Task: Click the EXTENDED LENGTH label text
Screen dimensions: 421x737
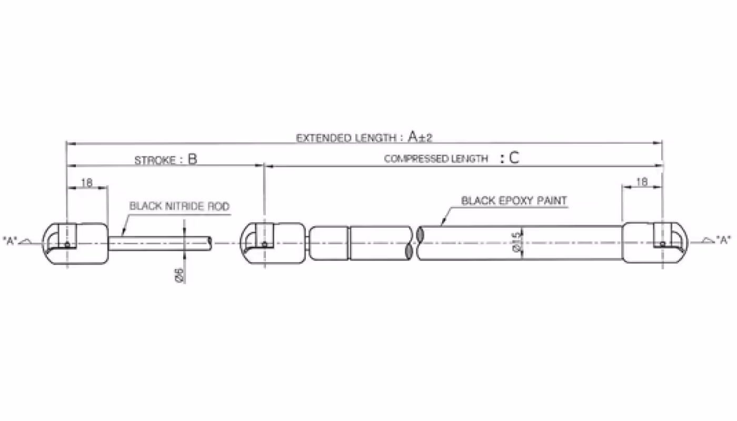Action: tap(346, 138)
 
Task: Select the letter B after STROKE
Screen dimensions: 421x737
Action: tap(193, 159)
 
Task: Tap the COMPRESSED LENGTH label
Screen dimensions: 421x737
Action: tap(436, 159)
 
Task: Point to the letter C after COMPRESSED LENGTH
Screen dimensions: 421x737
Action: tap(513, 158)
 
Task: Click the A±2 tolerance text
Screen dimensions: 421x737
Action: tap(420, 137)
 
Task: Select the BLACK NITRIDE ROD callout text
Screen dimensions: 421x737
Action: tap(180, 206)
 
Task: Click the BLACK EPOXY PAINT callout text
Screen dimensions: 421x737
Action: tap(514, 201)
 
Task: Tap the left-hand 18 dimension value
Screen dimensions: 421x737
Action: tap(87, 183)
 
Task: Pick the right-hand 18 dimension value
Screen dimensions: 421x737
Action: tap(642, 182)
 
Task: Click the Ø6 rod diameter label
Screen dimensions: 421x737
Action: tap(180, 275)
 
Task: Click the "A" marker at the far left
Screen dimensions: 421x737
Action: tap(11, 240)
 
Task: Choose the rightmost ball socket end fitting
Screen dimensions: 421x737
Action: tap(655, 244)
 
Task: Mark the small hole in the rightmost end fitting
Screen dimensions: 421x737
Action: tap(663, 244)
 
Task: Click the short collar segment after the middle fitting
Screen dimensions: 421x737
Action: tap(329, 243)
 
